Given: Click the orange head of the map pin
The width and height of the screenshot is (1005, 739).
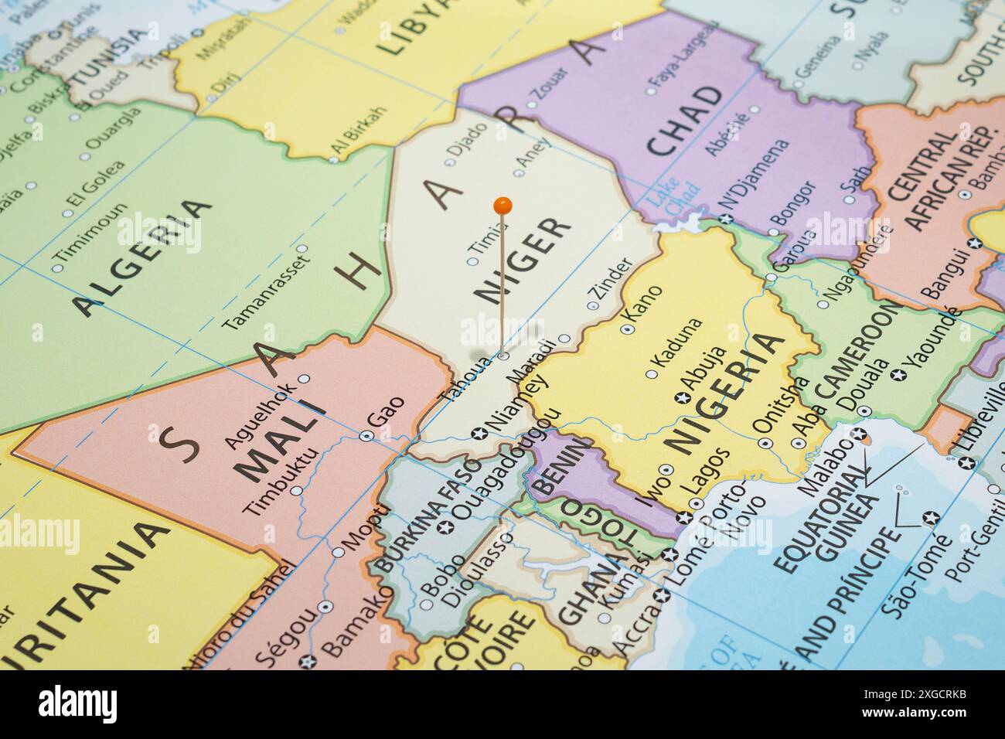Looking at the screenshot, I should click(502, 206).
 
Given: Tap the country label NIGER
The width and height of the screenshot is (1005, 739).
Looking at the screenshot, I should click(526, 260).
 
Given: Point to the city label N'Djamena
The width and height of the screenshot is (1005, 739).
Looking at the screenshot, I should click(754, 179).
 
